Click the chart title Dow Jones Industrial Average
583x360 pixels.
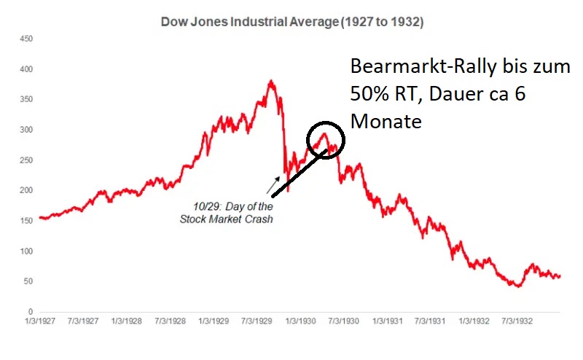coord(291,23)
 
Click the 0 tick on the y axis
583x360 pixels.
coord(28,311)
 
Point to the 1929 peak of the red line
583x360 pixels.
coord(271,81)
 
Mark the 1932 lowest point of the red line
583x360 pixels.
coord(518,286)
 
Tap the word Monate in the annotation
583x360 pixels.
coord(386,122)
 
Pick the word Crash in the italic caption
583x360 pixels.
coord(258,219)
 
